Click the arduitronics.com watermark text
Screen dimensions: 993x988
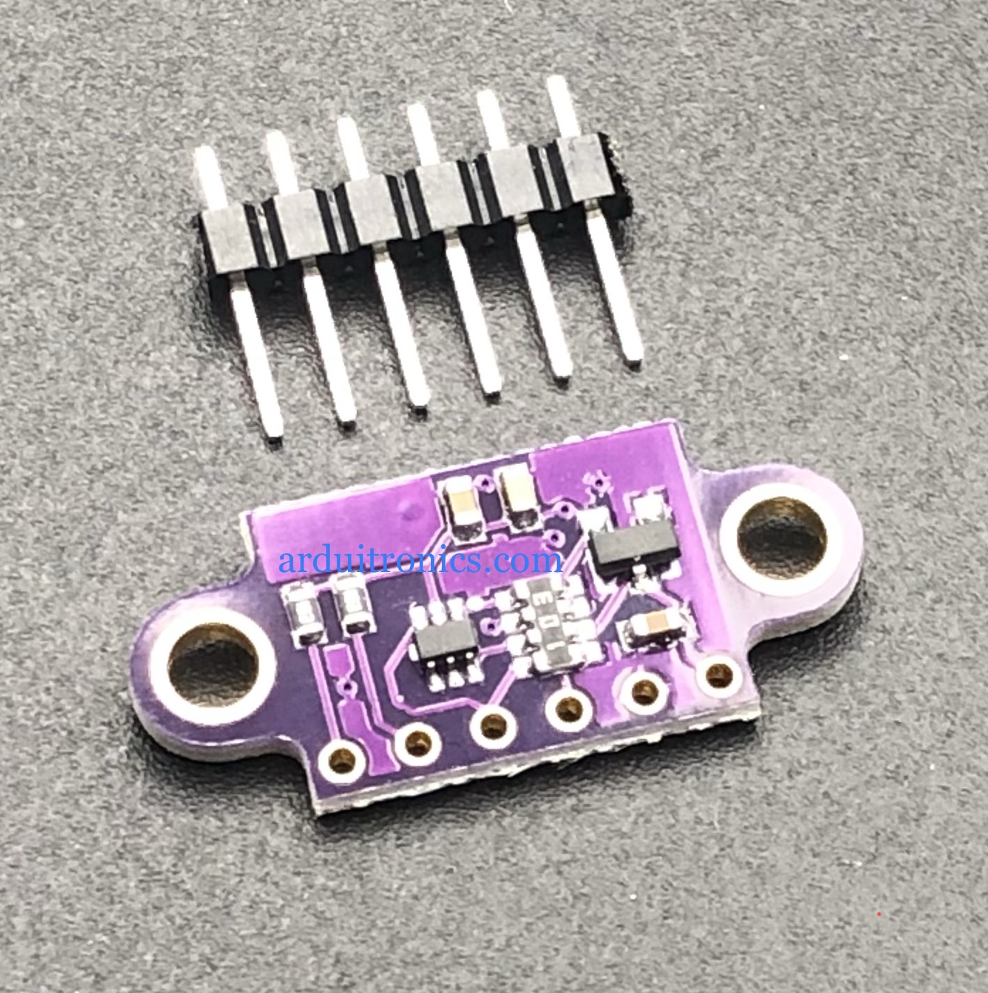[420, 560]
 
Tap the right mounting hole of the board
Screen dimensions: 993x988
[781, 537]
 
